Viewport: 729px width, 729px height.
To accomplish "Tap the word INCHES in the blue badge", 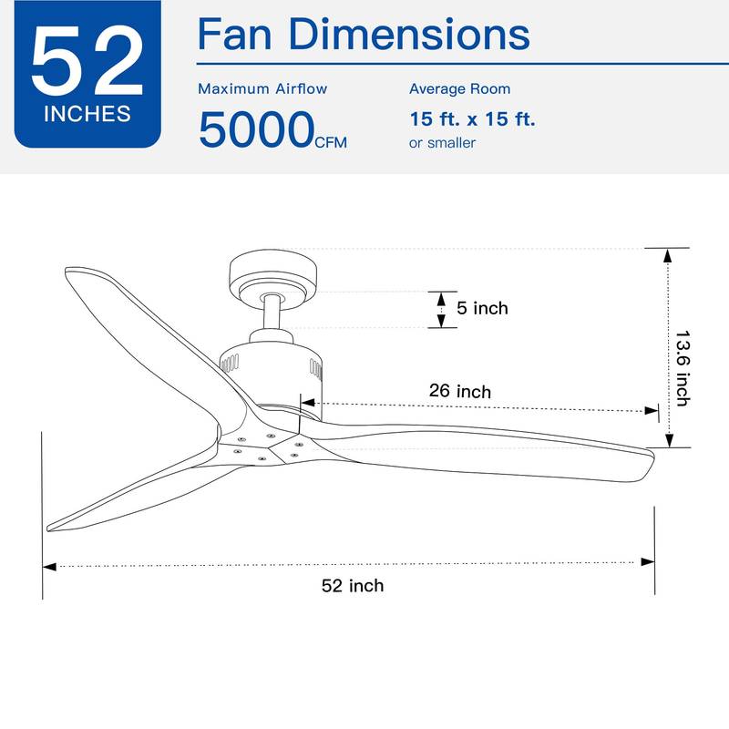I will (87, 116).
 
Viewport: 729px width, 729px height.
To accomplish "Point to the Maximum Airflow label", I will (262, 89).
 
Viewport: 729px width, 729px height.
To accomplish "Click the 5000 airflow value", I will (255, 128).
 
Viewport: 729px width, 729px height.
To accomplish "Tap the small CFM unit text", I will (331, 142).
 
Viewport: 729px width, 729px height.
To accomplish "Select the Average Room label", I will (459, 89).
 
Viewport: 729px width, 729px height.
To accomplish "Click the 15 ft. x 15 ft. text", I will (472, 118).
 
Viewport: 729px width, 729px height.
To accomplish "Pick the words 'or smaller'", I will (442, 143).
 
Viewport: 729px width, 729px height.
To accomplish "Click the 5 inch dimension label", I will (482, 308).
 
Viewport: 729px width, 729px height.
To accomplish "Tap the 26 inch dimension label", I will (460, 391).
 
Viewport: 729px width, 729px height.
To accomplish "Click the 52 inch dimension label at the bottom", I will (353, 586).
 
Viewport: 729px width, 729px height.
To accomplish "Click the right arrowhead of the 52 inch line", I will (648, 562).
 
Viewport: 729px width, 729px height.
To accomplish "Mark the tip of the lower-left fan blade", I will (53, 526).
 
